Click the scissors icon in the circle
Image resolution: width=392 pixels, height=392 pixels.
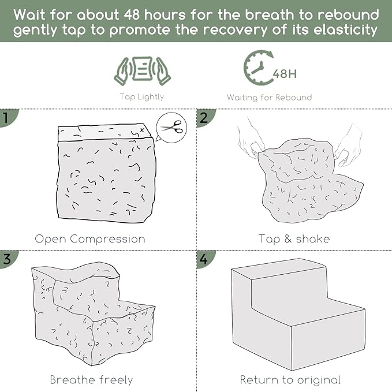pos(172,127)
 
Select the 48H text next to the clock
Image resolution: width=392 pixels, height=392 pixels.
pos(285,74)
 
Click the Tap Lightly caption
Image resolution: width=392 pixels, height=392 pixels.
pos(142,97)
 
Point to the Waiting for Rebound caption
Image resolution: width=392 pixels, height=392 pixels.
pos(269,97)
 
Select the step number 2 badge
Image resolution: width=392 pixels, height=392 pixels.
pos(204,118)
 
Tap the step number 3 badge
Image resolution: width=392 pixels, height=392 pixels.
pos(8,259)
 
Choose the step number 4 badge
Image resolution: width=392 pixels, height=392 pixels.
pos(204,259)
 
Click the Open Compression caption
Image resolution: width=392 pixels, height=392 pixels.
pos(90,239)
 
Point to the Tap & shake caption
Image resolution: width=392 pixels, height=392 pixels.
pos(294,239)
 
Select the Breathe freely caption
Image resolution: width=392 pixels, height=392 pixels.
pos(91,380)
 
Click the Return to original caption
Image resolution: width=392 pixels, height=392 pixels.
pos(290,380)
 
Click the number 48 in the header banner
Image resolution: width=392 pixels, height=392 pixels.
pos(132,15)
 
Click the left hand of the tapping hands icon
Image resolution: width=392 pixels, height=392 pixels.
pos(122,72)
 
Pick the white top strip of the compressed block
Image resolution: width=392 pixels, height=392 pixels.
pos(104,132)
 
